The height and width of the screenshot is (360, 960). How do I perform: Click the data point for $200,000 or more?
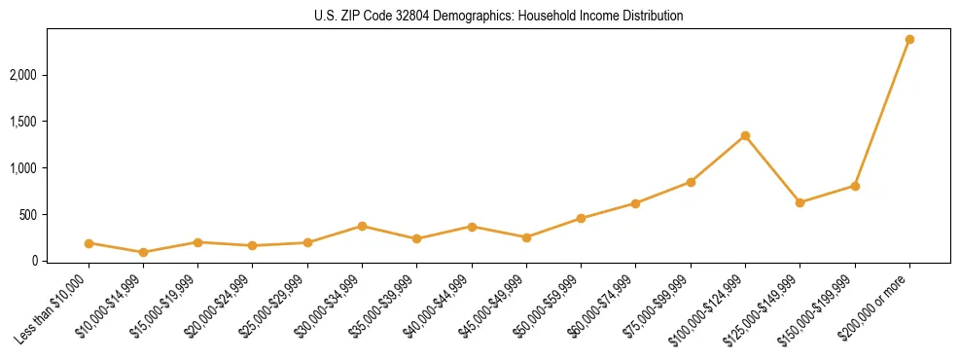tap(909, 40)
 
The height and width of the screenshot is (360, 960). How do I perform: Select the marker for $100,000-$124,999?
tap(745, 135)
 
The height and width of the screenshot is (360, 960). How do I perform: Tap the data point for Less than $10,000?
tap(89, 243)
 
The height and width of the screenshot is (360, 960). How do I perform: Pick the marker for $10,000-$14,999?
tap(144, 252)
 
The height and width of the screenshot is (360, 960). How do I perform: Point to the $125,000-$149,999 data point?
tap(800, 202)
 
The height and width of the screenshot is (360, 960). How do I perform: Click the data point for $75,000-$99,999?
tap(691, 182)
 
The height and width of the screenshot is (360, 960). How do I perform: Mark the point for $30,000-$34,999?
tap(363, 226)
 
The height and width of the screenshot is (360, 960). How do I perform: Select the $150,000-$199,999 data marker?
tap(855, 186)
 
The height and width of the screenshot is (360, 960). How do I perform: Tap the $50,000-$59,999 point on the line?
tap(581, 218)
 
